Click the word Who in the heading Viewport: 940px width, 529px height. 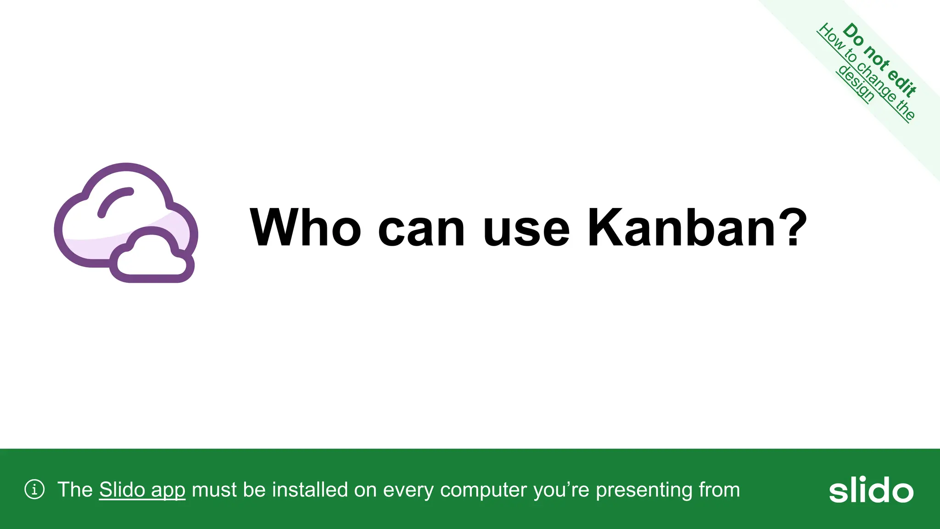305,228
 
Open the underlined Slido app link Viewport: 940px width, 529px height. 142,490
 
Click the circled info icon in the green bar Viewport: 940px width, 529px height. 34,490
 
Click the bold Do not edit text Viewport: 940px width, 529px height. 880,59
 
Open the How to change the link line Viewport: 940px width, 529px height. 867,72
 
